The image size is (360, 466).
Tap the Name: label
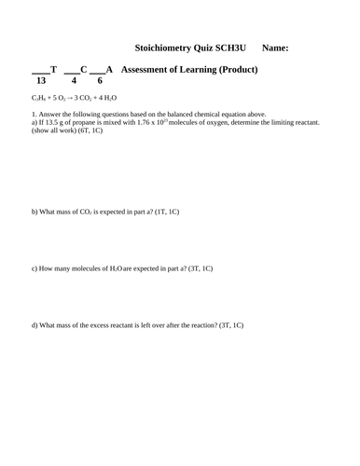[275, 48]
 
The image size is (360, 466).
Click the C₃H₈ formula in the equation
[40, 98]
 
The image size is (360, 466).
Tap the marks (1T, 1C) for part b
[162, 212]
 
